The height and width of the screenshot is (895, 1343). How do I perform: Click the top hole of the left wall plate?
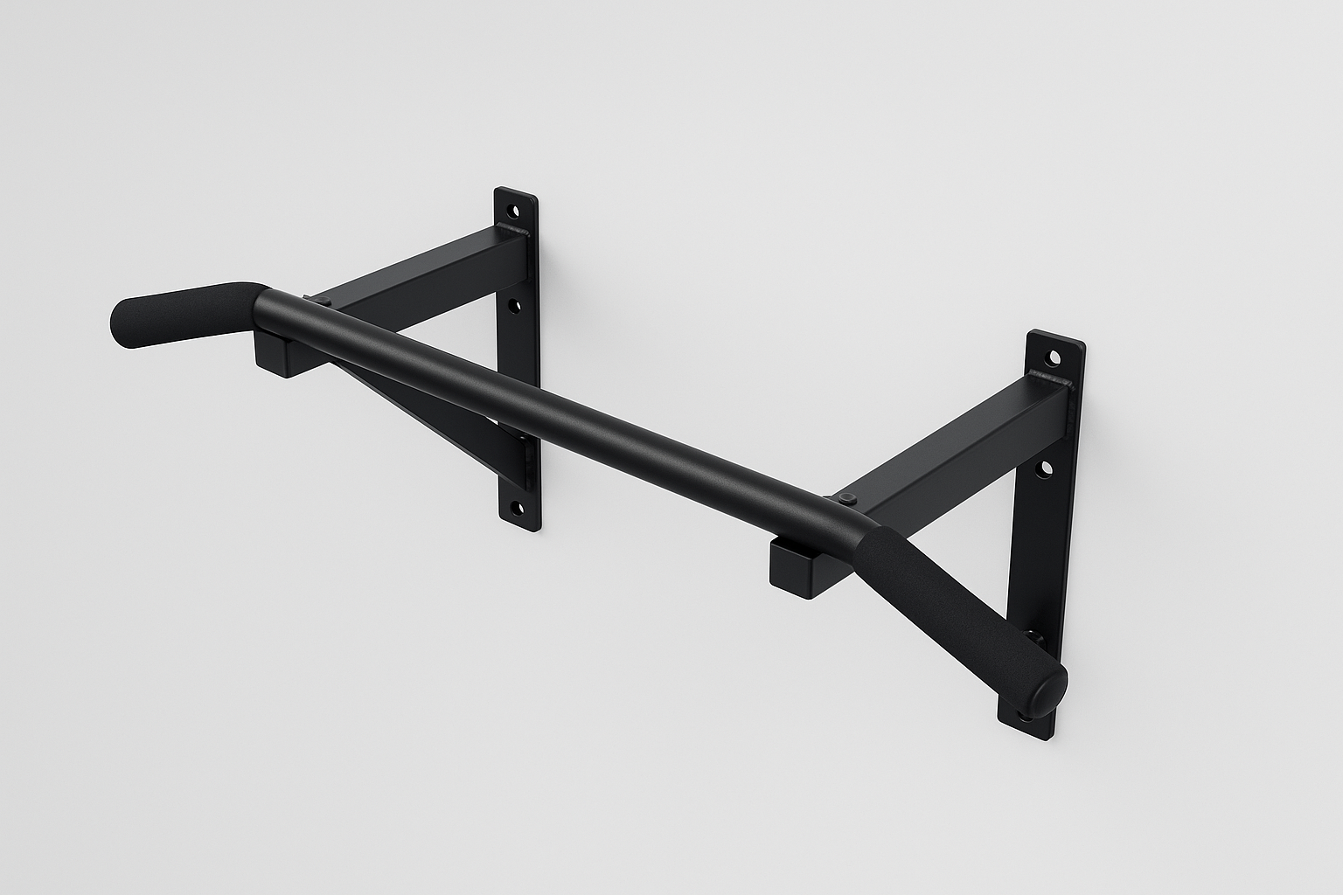click(513, 211)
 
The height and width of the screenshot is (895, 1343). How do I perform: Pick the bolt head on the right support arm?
click(847, 497)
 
